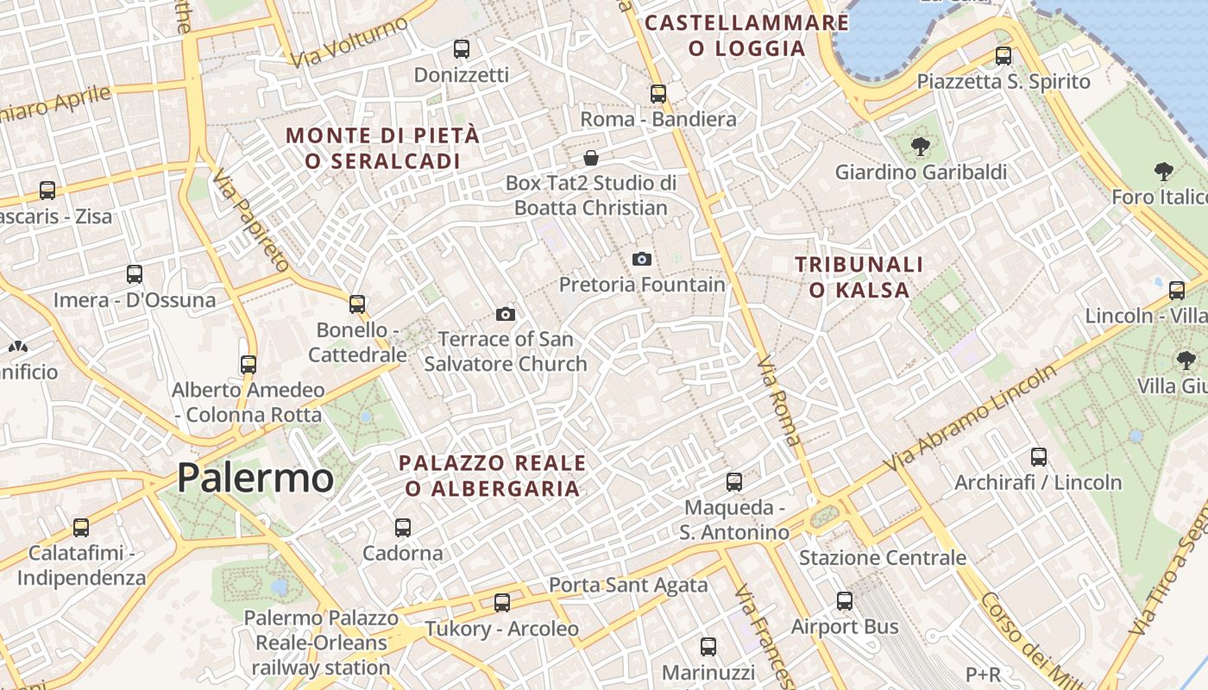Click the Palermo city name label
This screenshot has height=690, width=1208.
255,478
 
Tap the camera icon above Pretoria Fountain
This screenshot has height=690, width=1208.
641,259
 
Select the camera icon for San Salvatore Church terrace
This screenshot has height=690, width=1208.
506,314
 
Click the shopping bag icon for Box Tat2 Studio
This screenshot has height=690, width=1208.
591,158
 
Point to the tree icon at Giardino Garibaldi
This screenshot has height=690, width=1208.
920,146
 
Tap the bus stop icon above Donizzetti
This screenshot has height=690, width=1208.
462,49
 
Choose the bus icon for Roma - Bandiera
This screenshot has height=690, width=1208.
658,93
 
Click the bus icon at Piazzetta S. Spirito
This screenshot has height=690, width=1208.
1004,56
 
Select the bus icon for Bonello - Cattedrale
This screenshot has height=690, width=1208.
357,304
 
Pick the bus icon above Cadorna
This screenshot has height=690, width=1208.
402,527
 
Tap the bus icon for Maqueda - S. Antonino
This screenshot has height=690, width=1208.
734,481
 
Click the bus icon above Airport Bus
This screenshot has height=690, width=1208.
845,601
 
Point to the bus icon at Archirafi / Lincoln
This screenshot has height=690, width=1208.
1039,457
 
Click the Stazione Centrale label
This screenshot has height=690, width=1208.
883,558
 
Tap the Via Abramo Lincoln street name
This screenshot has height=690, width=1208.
970,418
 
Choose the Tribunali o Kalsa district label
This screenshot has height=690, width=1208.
859,277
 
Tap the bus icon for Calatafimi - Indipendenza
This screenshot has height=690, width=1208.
81,527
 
